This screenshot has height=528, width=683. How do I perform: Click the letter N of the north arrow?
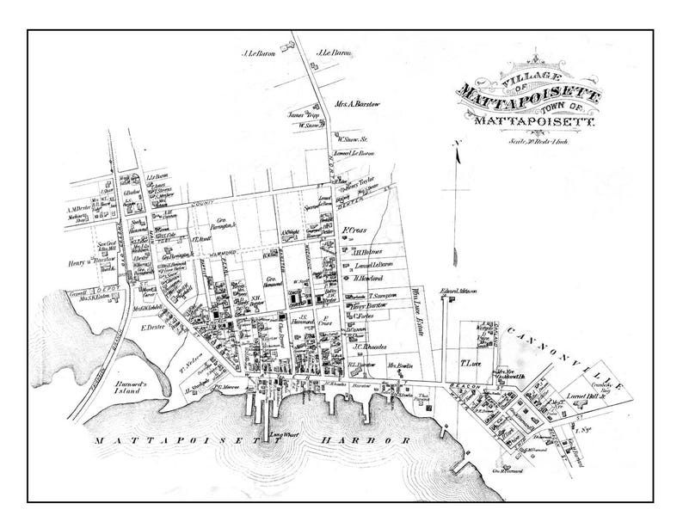point(458,142)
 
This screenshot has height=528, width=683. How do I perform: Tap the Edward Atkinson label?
point(458,291)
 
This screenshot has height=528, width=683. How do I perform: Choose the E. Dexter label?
point(152,328)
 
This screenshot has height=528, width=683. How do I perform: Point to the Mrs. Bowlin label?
point(400,365)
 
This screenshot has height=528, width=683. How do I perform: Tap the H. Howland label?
point(367,279)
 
